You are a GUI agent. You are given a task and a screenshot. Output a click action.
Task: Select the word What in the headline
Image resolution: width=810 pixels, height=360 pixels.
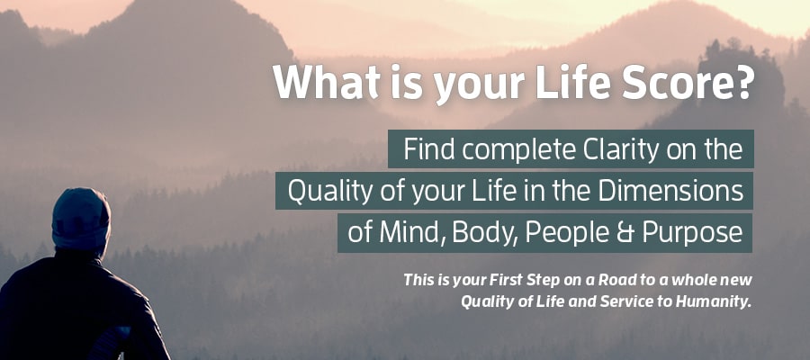pyautogui.click(x=328, y=83)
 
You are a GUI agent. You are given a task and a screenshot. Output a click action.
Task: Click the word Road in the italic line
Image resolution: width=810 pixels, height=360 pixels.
pyautogui.click(x=612, y=281)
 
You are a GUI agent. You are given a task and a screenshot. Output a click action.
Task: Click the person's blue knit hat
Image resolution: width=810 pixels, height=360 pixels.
pyautogui.click(x=81, y=219)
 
